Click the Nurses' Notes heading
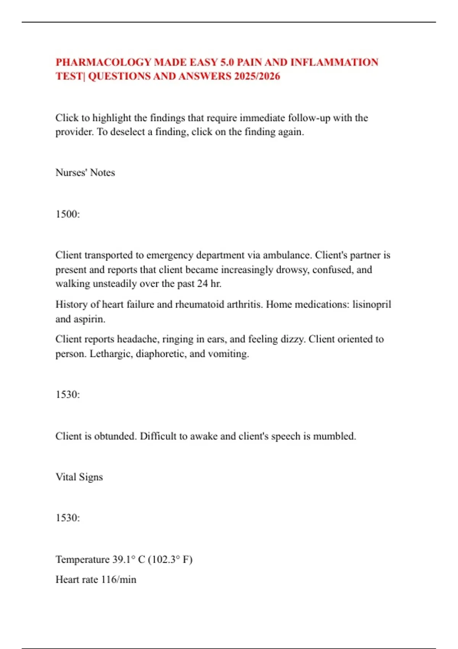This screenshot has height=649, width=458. pos(85,173)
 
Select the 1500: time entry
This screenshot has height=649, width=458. pos(68,214)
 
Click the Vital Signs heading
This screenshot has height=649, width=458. pos(79,477)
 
